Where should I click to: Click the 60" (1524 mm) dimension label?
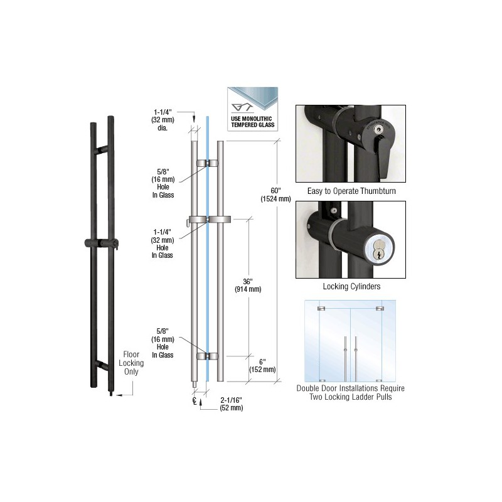tap(275, 195)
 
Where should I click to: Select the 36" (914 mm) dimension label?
tap(248, 286)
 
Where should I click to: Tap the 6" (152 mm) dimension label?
tap(262, 366)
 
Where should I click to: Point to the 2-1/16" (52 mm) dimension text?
tap(231, 404)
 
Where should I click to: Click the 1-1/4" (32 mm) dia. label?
tap(163, 120)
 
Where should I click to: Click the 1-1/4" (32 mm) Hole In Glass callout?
tap(163, 243)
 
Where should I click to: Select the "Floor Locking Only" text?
tap(131, 363)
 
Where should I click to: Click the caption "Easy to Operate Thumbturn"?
tap(351, 191)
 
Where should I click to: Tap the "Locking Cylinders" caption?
tap(351, 286)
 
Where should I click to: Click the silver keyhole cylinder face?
tap(380, 249)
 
